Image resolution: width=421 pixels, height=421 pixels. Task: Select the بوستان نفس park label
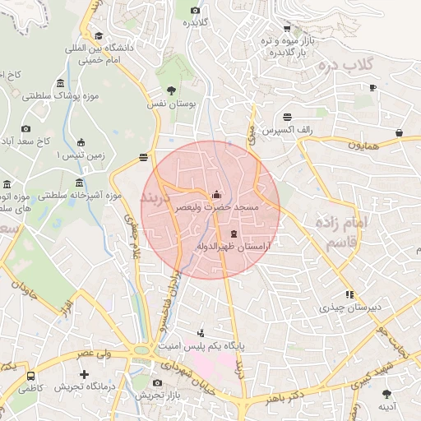point(173,104)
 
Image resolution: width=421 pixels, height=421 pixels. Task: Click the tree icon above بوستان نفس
point(171,90)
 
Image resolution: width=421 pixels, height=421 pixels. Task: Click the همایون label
point(363,145)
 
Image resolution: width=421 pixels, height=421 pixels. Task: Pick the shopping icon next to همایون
point(399,132)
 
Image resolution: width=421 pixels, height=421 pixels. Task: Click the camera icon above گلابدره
point(195,10)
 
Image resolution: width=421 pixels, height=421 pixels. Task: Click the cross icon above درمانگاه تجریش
point(84,374)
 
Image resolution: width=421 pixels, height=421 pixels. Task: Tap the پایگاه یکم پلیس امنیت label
point(239,348)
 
